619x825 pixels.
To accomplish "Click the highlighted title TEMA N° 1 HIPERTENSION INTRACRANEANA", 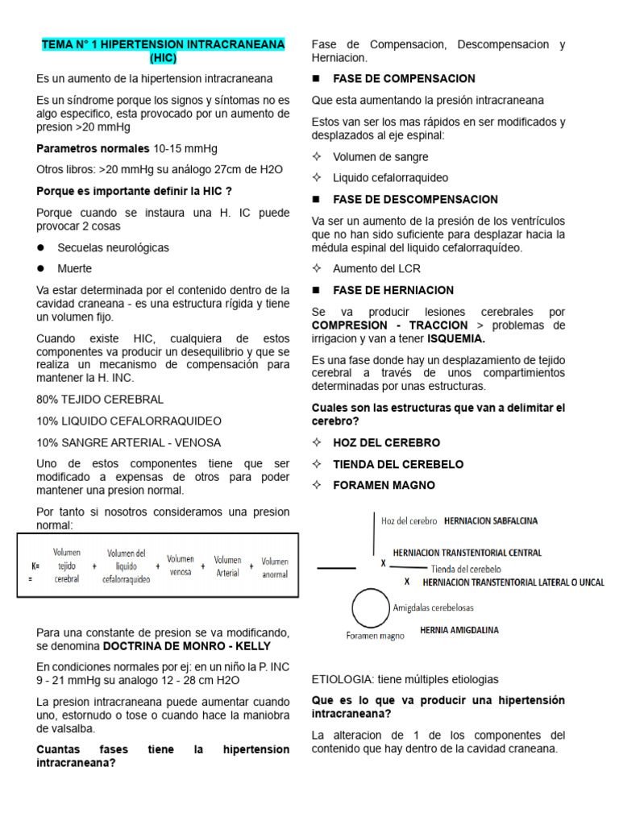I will [x=163, y=44].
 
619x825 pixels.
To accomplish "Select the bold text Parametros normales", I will [x=93, y=149].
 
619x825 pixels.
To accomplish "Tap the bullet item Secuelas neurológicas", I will [x=113, y=247].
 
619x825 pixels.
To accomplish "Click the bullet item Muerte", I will [x=74, y=268].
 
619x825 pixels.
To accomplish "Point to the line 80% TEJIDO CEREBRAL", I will [x=100, y=400].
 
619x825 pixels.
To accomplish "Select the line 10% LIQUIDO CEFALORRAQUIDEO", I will [x=128, y=421].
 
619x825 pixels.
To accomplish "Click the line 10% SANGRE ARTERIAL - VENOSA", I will [x=128, y=442].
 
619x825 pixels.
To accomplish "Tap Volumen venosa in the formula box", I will [x=181, y=566].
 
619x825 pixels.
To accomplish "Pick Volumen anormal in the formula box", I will [x=274, y=567].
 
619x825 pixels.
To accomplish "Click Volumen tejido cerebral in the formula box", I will [x=67, y=566].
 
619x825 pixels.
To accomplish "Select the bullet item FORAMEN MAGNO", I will [x=384, y=485].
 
